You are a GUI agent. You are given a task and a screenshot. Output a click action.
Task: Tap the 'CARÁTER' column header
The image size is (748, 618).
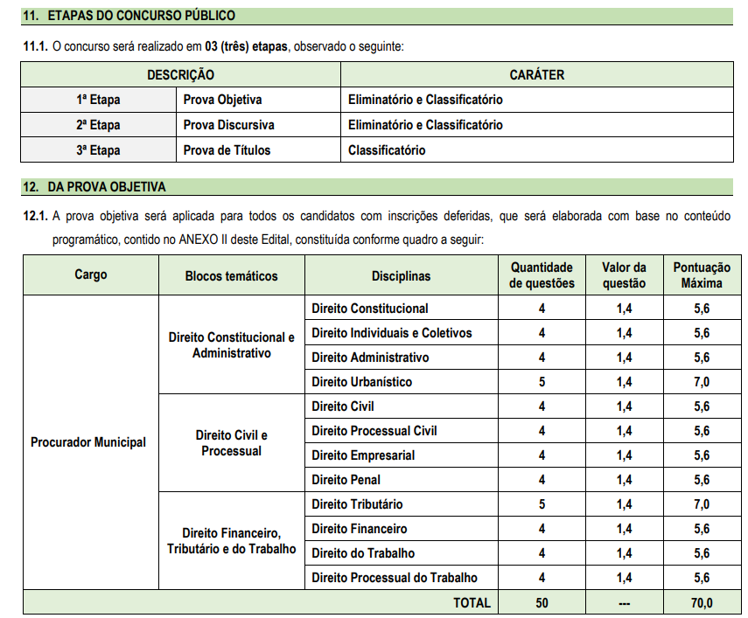tap(536, 75)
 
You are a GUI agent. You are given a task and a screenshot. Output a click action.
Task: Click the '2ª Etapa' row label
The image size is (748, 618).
tap(98, 125)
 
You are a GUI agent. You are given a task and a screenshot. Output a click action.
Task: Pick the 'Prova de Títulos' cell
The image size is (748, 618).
tap(227, 150)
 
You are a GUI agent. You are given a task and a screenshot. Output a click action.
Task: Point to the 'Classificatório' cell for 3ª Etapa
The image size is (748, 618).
tap(387, 150)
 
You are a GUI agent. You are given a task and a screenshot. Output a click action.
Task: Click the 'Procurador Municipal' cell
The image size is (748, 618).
tap(88, 442)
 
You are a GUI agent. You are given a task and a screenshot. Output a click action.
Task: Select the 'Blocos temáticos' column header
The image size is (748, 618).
tap(231, 276)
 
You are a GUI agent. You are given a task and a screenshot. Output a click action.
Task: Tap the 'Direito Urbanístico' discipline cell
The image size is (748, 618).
tap(361, 382)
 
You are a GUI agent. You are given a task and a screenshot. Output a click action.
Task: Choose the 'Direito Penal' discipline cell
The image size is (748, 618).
tap(346, 480)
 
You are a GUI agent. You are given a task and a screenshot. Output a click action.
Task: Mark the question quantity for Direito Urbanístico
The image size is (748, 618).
tap(542, 382)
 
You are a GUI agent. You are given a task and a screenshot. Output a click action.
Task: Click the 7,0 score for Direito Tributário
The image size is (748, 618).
tap(702, 504)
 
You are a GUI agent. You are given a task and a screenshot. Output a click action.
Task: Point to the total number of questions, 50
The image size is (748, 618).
tap(542, 603)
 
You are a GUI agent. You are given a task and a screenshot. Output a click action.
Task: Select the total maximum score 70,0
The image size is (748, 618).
tap(702, 603)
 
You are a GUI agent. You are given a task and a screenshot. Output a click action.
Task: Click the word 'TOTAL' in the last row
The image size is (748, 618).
tap(472, 603)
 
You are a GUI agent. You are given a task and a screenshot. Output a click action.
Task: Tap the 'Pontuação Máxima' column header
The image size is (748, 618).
tap(702, 276)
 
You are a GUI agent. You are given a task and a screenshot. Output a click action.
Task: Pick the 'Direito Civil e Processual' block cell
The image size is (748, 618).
tap(231, 443)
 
